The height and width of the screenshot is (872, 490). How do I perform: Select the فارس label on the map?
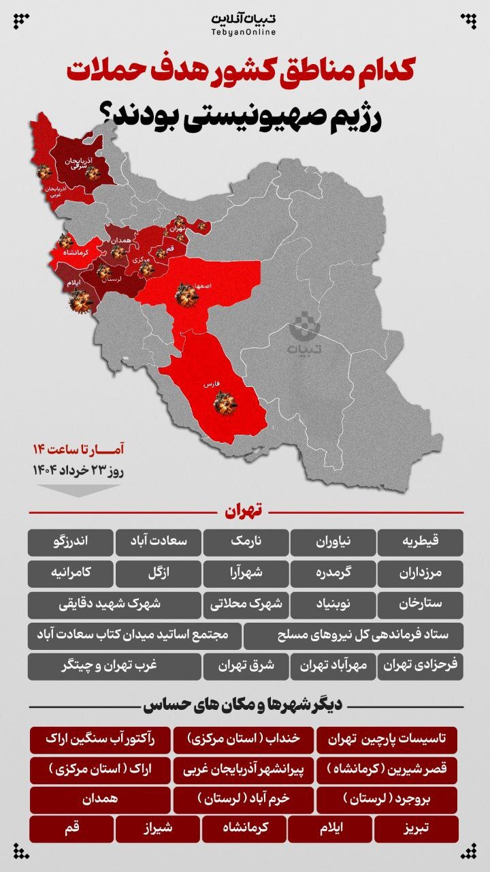click(210, 385)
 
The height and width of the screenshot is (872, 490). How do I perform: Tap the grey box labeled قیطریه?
click(421, 542)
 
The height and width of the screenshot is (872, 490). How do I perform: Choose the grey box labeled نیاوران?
click(333, 542)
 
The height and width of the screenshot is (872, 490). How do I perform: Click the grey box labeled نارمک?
click(246, 542)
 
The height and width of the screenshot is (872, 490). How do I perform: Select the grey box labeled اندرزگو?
click(70, 542)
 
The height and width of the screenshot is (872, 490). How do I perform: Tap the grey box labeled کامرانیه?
click(70, 574)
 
